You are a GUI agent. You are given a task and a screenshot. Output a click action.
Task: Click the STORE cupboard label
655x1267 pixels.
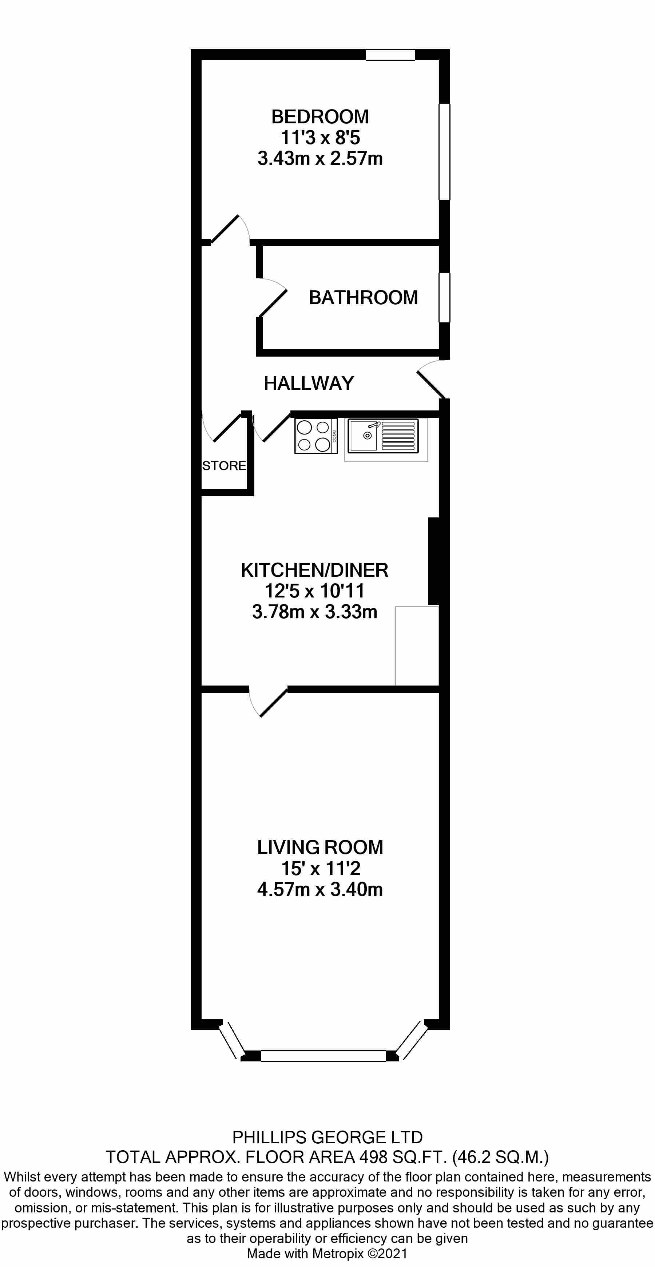[x=224, y=466]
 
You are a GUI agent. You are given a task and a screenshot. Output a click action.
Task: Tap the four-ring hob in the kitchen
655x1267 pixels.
[x=316, y=436]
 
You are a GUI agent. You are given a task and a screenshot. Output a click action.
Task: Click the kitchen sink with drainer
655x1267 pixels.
[x=383, y=436]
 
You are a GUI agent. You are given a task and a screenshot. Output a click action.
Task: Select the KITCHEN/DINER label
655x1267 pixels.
[x=314, y=570]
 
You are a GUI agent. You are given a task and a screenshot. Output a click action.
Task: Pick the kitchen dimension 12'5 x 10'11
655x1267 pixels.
[x=314, y=591]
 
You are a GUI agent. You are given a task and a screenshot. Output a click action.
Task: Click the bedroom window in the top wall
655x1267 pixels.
[x=390, y=55]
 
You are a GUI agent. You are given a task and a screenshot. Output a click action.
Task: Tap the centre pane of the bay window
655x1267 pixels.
[x=323, y=1056]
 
